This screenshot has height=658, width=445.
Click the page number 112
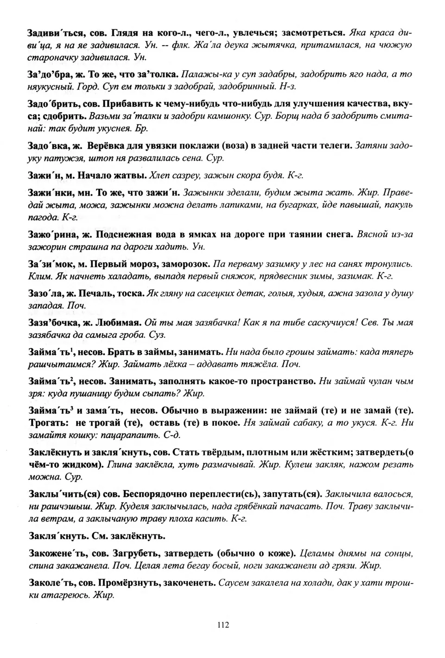[222, 625]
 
